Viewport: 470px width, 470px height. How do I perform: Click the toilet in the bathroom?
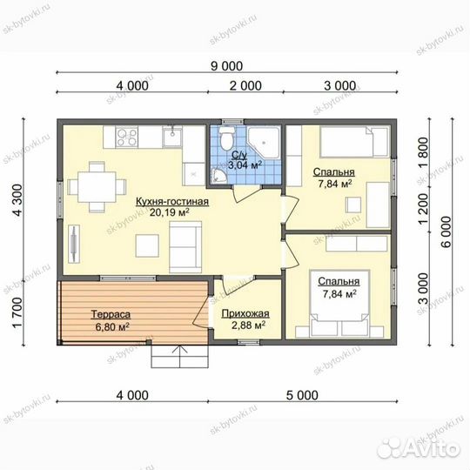[x=226, y=138]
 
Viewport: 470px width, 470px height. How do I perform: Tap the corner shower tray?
[x=264, y=143]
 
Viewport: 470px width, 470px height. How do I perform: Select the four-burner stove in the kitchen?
[x=127, y=138]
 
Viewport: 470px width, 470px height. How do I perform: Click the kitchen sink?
[x=172, y=137]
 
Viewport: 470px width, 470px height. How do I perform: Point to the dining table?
[x=97, y=187]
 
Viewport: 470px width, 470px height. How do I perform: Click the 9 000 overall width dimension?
[x=226, y=66]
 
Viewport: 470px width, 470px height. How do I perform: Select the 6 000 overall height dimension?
[x=446, y=232]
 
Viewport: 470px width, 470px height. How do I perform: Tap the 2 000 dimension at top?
[x=245, y=85]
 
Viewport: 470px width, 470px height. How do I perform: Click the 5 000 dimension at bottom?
[x=302, y=395]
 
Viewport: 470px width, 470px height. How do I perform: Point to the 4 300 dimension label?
[x=18, y=199]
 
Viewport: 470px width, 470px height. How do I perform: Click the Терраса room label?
[x=111, y=314]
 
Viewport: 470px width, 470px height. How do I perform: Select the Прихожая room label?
[x=245, y=314]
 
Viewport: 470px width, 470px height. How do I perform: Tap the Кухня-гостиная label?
[x=172, y=201]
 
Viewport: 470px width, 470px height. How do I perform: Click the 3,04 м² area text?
[x=245, y=164]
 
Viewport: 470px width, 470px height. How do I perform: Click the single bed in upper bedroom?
[x=354, y=142]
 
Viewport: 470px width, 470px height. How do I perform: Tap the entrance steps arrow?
[x=179, y=356]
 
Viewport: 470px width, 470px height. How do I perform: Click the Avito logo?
[x=419, y=448]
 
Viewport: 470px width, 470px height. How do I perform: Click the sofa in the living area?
[x=185, y=247]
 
